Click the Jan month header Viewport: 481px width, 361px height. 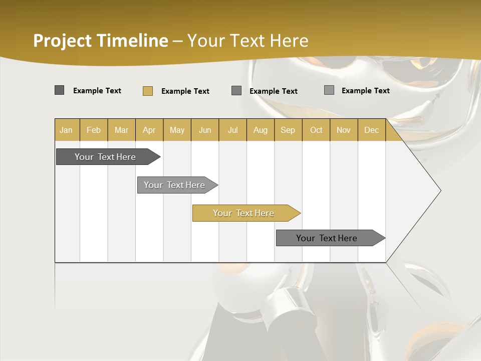66,130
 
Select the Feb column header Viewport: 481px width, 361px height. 94,130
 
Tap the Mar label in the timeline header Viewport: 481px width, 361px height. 121,130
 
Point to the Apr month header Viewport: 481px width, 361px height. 149,130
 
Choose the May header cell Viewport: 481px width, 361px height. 177,130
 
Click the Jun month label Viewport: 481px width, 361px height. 205,130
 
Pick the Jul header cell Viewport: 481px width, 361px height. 232,130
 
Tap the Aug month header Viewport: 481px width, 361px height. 260,130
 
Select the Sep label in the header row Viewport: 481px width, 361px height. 288,130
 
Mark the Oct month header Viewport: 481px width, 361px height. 316,130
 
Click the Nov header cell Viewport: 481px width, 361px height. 343,130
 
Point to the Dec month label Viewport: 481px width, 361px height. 371,130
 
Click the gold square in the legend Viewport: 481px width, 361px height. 148,91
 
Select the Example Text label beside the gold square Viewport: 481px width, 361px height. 185,91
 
